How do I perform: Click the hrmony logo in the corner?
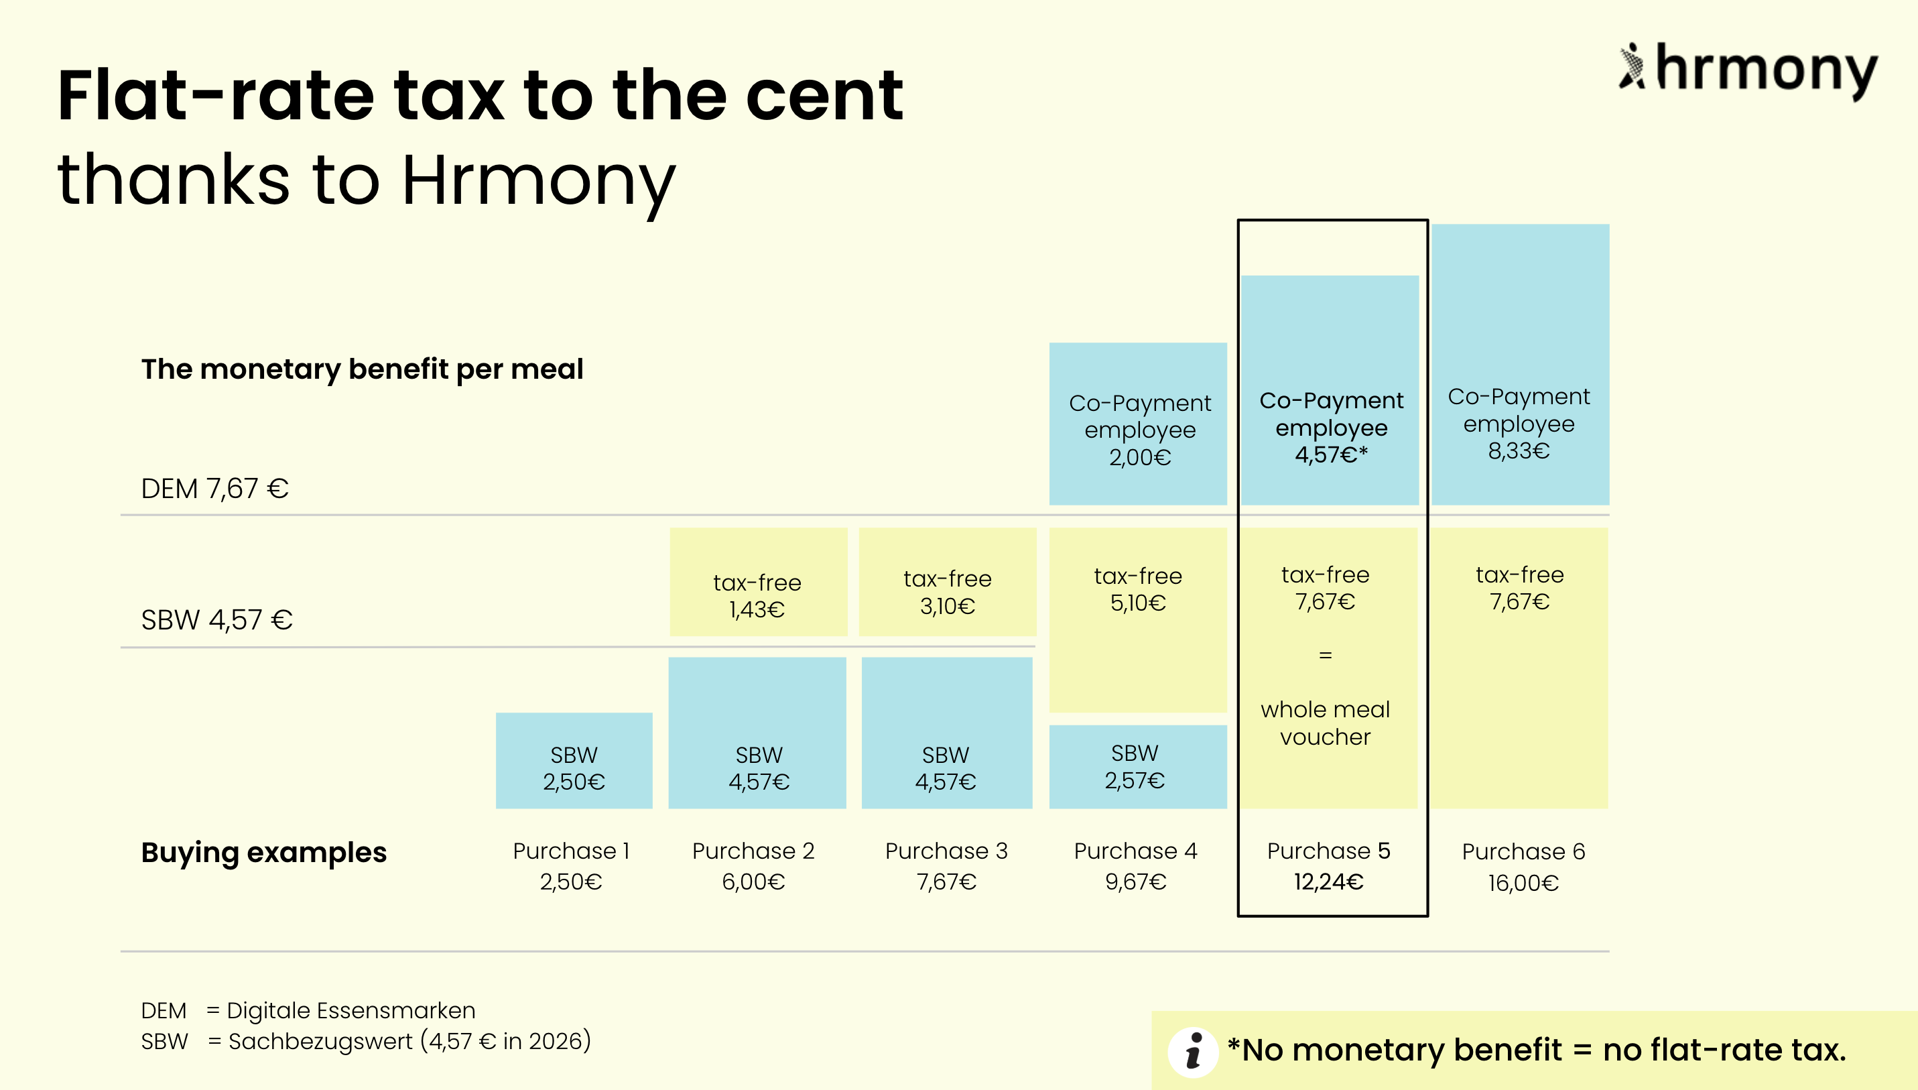click(1747, 69)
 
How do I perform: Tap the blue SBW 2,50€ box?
click(574, 761)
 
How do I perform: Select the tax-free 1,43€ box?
click(758, 583)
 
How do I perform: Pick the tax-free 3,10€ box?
click(948, 583)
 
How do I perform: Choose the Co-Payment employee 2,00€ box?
click(1137, 424)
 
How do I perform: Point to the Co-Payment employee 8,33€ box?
click(1520, 365)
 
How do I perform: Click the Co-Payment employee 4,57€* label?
click(1332, 428)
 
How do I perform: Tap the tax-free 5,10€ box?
click(1137, 620)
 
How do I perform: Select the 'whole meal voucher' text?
click(1326, 723)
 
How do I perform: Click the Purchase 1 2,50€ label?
click(571, 866)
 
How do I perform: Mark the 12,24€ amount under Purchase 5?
click(1329, 883)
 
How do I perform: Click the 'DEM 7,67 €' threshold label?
click(214, 489)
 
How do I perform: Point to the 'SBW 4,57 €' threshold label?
click(217, 620)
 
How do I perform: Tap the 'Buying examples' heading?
click(263, 853)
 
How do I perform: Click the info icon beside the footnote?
click(1194, 1052)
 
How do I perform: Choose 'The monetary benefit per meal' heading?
click(362, 369)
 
